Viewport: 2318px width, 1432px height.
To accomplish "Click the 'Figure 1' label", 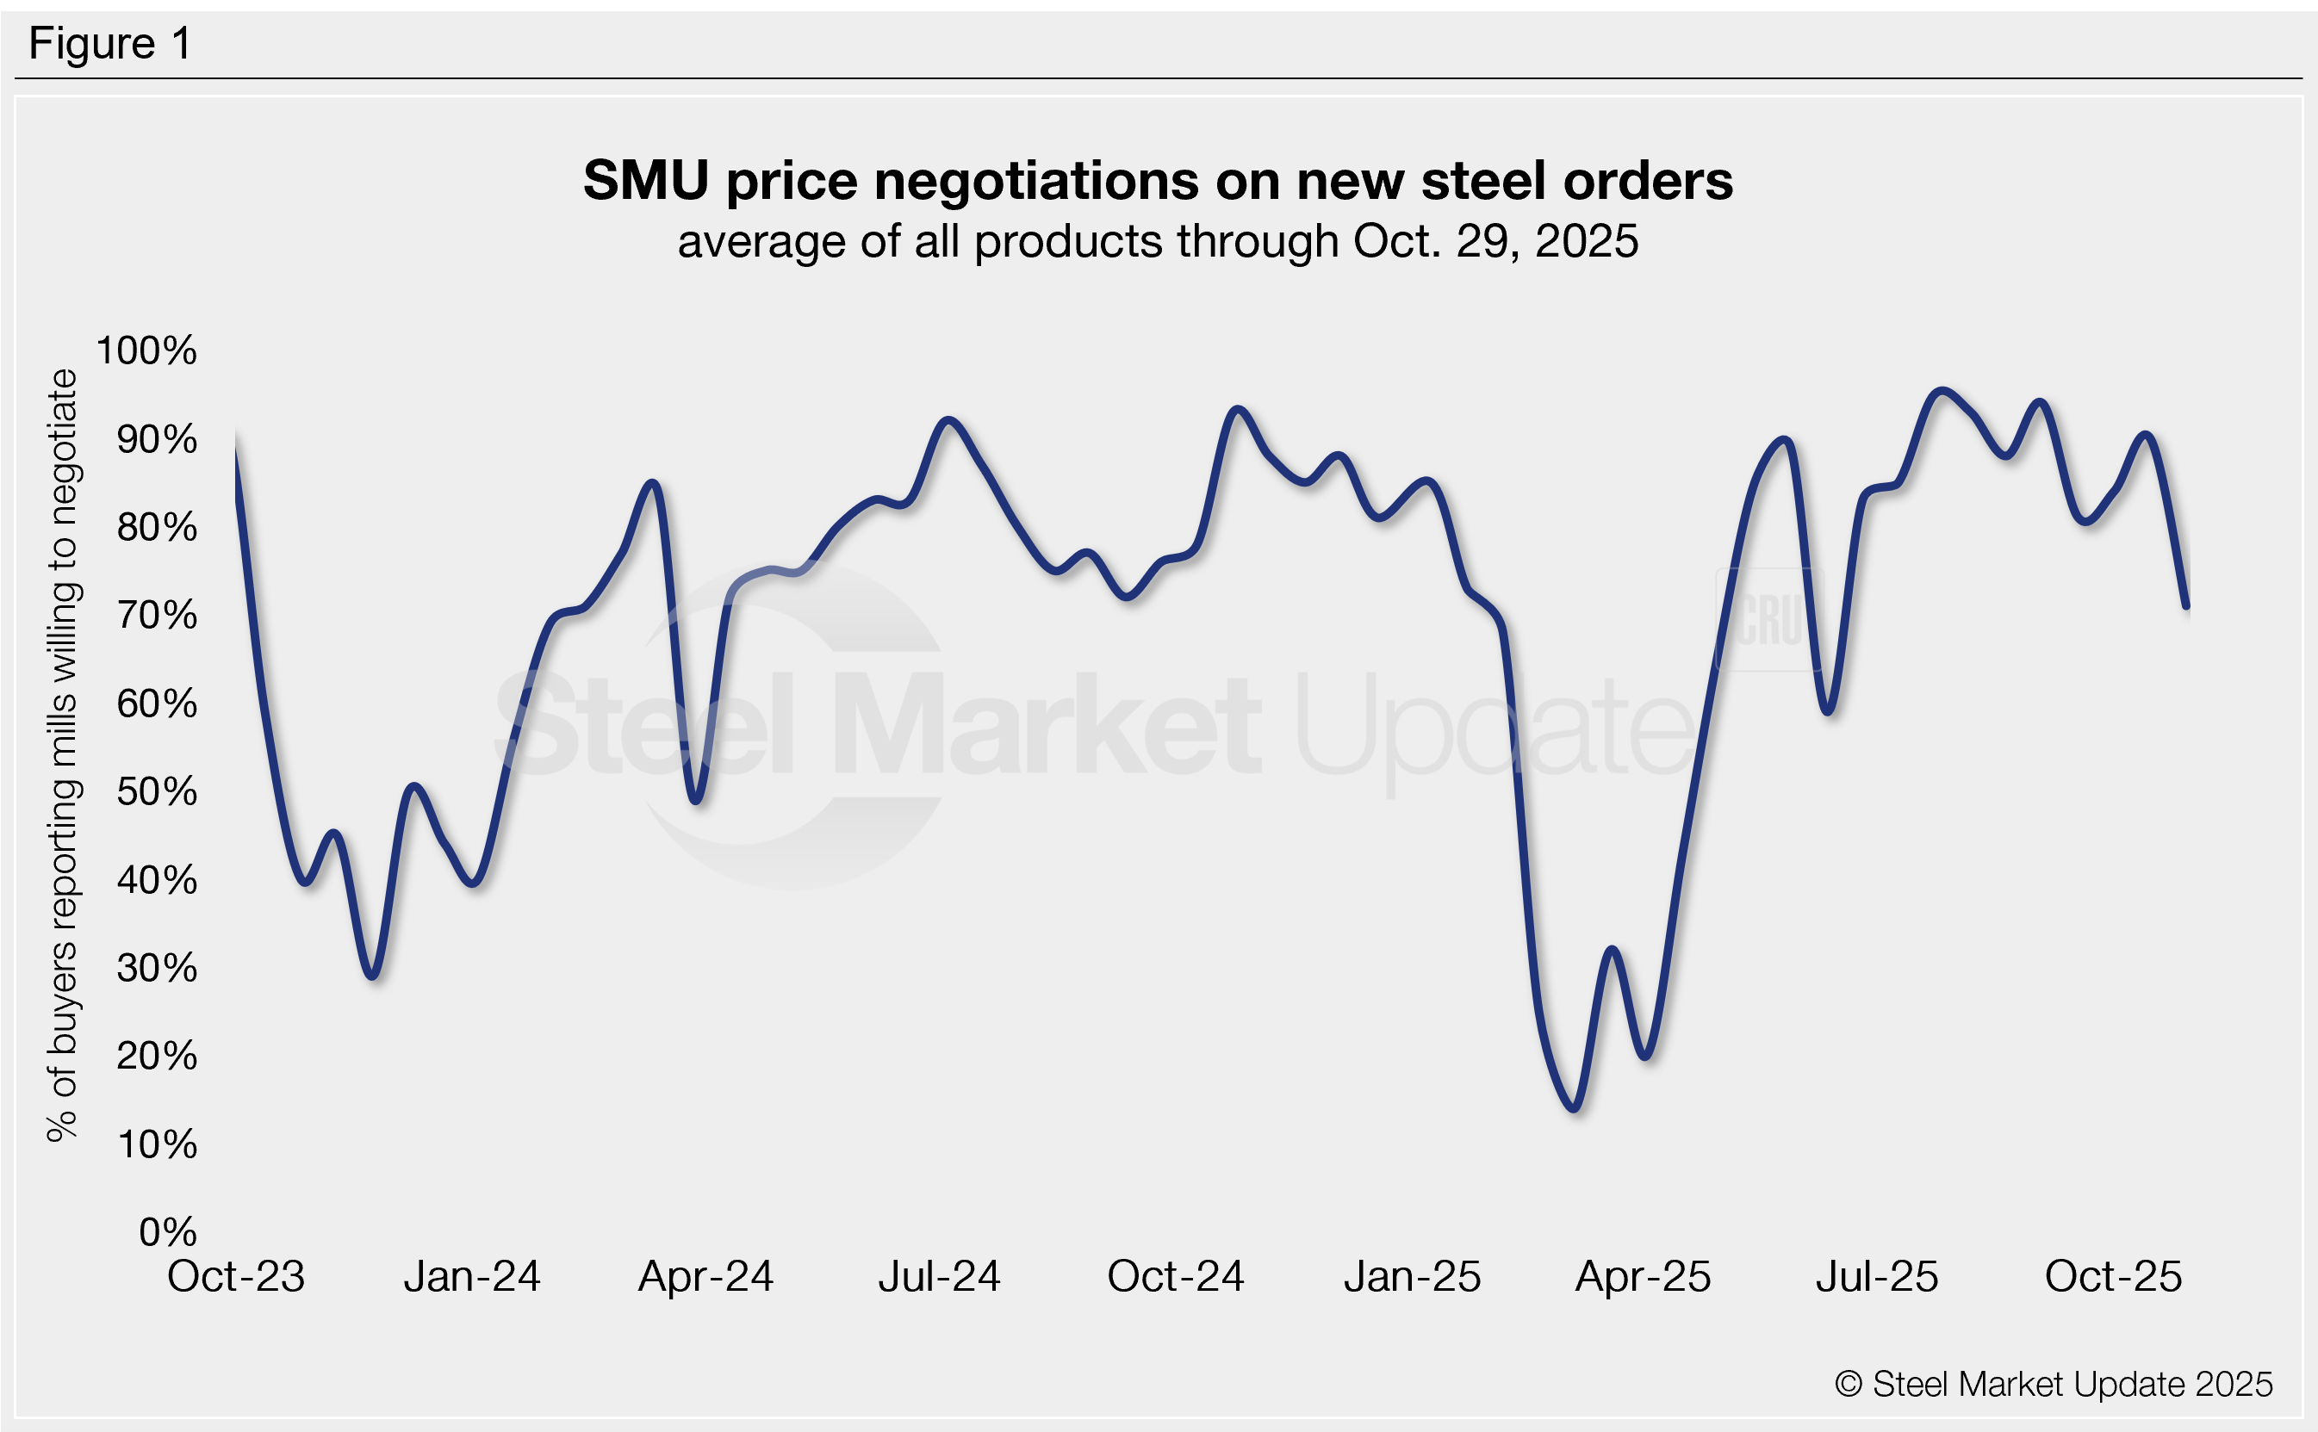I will (x=110, y=44).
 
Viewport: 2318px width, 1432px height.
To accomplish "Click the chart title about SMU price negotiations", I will (x=1158, y=180).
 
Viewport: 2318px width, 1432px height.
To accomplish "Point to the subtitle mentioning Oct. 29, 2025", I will (x=1158, y=241).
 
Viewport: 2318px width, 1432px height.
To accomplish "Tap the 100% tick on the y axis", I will (x=146, y=350).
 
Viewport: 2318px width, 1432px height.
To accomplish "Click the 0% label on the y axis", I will (x=168, y=1232).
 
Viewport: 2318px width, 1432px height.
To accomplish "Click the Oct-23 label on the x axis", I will (x=236, y=1277).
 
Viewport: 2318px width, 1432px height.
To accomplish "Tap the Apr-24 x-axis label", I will (x=705, y=1277).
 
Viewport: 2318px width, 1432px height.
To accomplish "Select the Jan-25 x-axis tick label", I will (x=1412, y=1277).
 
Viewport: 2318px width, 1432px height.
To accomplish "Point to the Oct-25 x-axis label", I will (x=2113, y=1277).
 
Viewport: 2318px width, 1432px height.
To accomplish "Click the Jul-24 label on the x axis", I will (x=939, y=1277).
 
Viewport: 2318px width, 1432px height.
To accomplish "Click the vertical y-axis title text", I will (x=63, y=755).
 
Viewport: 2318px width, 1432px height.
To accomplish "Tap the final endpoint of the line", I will (x=2186, y=606).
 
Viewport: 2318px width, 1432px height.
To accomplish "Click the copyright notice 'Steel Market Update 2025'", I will (x=2054, y=1385).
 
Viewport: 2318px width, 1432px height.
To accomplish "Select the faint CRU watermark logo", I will (x=1768, y=619).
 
